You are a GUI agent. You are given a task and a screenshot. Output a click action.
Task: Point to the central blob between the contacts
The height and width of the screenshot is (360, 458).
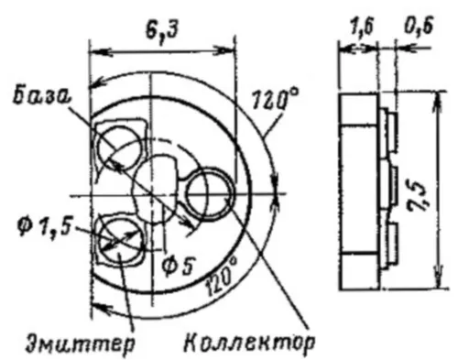(161, 180)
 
